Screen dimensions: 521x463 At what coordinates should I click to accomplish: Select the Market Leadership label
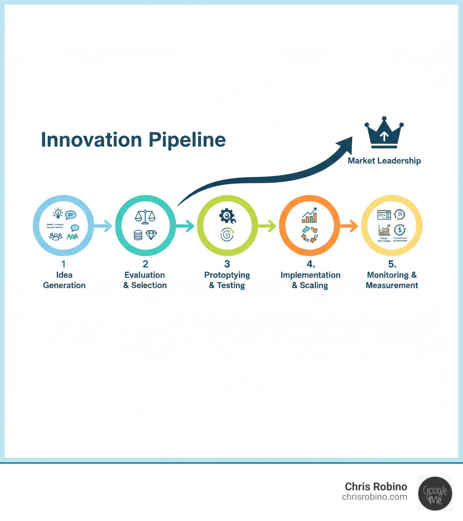coord(384,161)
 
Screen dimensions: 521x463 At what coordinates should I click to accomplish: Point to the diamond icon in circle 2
coord(151,235)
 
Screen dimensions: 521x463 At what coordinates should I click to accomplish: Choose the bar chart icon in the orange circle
coord(310,216)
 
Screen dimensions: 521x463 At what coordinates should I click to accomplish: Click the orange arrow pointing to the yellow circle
coord(350,225)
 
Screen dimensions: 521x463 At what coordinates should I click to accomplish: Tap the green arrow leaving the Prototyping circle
coord(267,225)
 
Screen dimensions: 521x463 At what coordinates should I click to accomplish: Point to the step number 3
coord(227,264)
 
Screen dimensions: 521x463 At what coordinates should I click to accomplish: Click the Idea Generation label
coord(64,280)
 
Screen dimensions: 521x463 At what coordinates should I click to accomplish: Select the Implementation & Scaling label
coord(310,280)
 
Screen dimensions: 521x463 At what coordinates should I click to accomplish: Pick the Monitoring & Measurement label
coord(392,280)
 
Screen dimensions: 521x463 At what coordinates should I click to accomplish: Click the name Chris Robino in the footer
coord(376,487)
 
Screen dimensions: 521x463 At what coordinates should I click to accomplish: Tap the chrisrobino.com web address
coord(374,497)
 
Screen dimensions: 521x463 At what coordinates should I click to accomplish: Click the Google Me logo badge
coord(435,493)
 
